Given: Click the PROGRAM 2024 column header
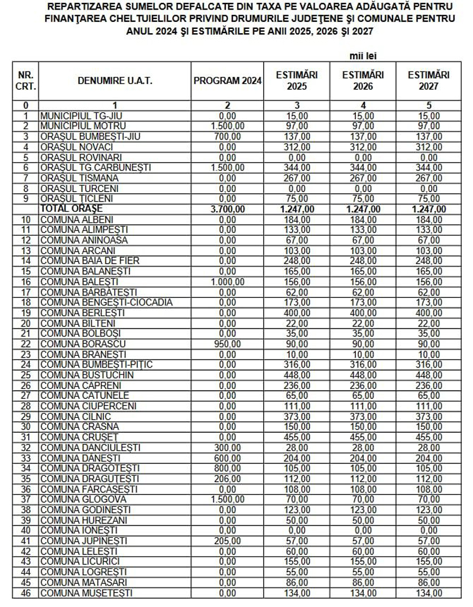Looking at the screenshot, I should coord(228,81).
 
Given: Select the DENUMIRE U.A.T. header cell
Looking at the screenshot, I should coord(115,81).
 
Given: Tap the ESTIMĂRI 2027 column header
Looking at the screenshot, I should coord(428,81).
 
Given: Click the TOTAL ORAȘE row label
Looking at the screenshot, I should coord(72,209).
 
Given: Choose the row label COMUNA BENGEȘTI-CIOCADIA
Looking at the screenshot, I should coord(106,303).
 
